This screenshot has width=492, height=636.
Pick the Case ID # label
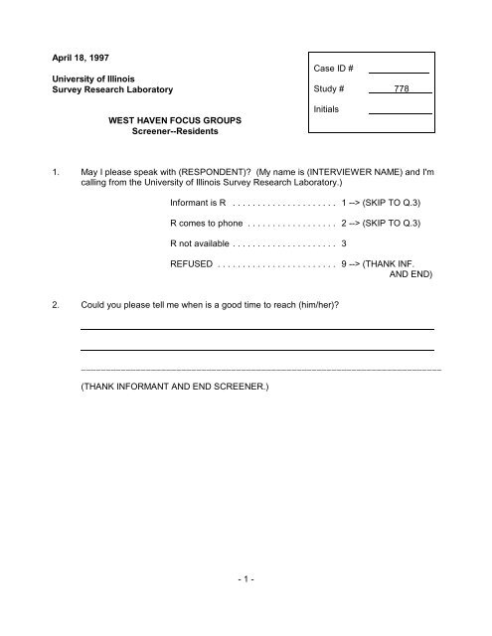pyautogui.click(x=340, y=69)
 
